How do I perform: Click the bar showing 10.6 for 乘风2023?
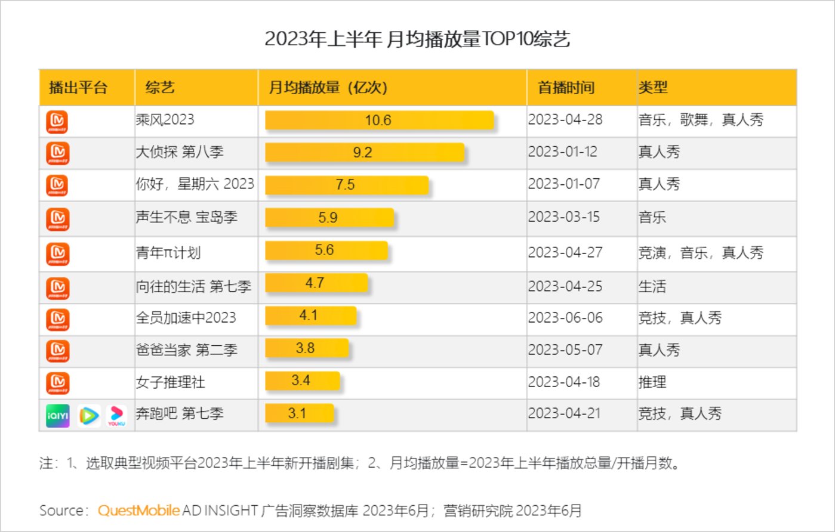[x=379, y=120]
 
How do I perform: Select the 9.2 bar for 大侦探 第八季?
[x=364, y=153]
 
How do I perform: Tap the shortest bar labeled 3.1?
[x=299, y=413]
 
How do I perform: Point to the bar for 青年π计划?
[x=326, y=250]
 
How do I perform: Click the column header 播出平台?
[x=78, y=88]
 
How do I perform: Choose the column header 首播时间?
[x=566, y=88]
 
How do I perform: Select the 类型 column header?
[x=653, y=88]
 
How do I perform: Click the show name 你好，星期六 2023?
[x=195, y=184]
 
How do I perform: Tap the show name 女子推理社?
[x=170, y=381]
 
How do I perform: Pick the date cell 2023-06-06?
[x=565, y=317]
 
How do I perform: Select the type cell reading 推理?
[x=652, y=381]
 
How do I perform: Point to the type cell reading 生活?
[x=652, y=286]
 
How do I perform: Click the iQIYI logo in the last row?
[x=58, y=416]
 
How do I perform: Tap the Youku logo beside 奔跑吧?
[x=116, y=416]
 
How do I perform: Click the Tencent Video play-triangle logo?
[x=88, y=416]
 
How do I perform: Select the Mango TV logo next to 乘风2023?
[x=57, y=122]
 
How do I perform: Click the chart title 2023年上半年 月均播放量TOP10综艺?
[x=417, y=39]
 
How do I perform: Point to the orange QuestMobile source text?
[x=138, y=511]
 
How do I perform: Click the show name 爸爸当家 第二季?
[x=186, y=349]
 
